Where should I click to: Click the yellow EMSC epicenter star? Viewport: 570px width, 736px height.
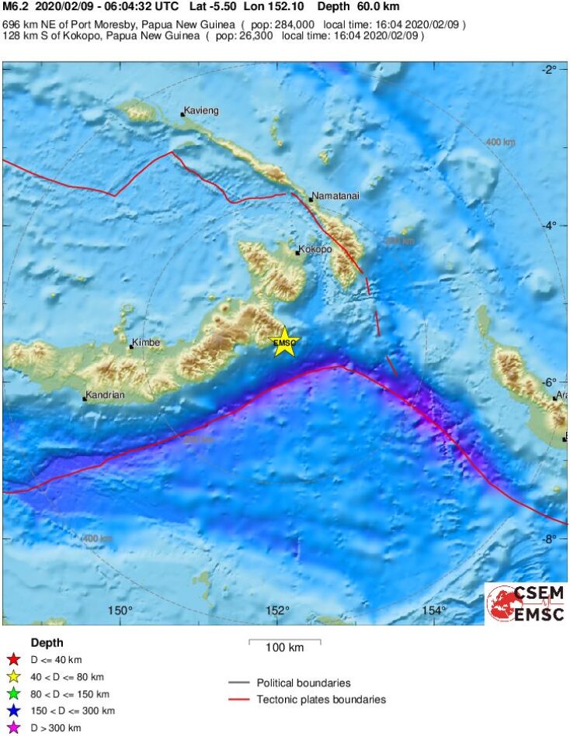click(x=285, y=343)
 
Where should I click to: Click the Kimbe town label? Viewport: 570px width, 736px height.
click(x=147, y=342)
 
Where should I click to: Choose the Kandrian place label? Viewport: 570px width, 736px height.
click(x=106, y=396)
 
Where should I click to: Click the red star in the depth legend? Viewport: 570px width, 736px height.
click(x=12, y=660)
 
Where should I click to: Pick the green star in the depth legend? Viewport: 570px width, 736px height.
click(x=12, y=694)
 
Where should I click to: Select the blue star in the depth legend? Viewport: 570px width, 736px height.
click(x=12, y=711)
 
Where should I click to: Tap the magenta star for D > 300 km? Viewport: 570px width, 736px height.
click(x=12, y=728)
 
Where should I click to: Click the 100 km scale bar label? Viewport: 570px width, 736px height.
click(x=284, y=648)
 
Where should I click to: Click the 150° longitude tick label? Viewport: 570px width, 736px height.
click(x=120, y=611)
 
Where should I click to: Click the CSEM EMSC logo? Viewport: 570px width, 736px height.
click(x=526, y=604)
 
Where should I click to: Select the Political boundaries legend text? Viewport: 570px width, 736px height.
click(x=304, y=683)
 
